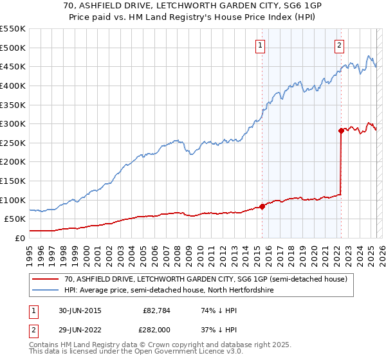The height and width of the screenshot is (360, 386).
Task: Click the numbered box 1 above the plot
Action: tap(260, 45)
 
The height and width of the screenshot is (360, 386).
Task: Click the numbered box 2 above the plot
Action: tap(339, 45)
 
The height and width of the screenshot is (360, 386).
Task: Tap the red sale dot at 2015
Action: tap(262, 206)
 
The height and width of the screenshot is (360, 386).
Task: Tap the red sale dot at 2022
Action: tap(341, 130)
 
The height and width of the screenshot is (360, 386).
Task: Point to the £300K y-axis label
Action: tap(13, 123)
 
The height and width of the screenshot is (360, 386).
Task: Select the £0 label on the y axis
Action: tap(20, 238)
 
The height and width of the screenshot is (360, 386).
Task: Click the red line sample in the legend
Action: tap(44, 279)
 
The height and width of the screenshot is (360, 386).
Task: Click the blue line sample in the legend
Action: tap(44, 291)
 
